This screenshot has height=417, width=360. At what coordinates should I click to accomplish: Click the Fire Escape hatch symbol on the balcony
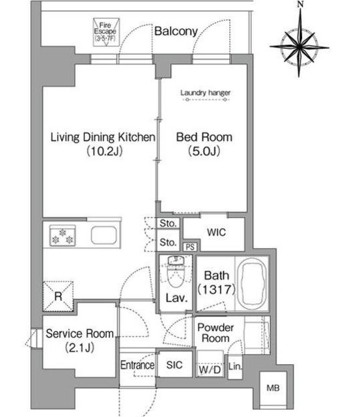pyautogui.click(x=106, y=32)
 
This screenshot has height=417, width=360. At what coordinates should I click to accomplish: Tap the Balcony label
pyautogui.click(x=176, y=31)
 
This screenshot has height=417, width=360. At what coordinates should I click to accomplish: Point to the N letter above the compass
pyautogui.click(x=301, y=5)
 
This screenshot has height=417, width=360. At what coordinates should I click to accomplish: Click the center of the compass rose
pyautogui.click(x=299, y=47)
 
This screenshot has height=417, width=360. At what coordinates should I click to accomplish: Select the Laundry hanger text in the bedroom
pyautogui.click(x=205, y=93)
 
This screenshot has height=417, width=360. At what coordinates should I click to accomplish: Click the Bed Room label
pyautogui.click(x=204, y=137)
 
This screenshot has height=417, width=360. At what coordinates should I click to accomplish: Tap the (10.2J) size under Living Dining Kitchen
pyautogui.click(x=104, y=151)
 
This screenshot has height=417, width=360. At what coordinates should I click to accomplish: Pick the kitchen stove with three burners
pyautogui.click(x=62, y=235)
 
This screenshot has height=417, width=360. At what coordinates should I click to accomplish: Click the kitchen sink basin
pyautogui.click(x=104, y=235)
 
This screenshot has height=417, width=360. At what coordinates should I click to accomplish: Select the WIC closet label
pyautogui.click(x=216, y=232)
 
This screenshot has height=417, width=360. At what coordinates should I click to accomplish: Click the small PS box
pyautogui.click(x=190, y=247)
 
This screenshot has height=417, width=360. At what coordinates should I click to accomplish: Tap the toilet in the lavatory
pyautogui.click(x=176, y=271)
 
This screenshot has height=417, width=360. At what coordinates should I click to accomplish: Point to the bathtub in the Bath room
pyautogui.click(x=251, y=283)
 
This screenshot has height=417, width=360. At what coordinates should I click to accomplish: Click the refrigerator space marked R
pyautogui.click(x=58, y=296)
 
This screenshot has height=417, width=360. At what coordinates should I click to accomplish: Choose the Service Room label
pyautogui.click(x=79, y=334)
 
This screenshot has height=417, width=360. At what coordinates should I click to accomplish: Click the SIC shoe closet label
pyautogui.click(x=174, y=365)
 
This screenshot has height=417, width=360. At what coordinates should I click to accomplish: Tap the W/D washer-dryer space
pyautogui.click(x=210, y=364)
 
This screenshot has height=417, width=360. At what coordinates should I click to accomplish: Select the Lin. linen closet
pyautogui.click(x=235, y=367)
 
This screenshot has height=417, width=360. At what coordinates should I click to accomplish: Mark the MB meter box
pyautogui.click(x=273, y=388)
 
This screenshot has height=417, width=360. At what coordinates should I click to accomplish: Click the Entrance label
pyautogui.click(x=137, y=365)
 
